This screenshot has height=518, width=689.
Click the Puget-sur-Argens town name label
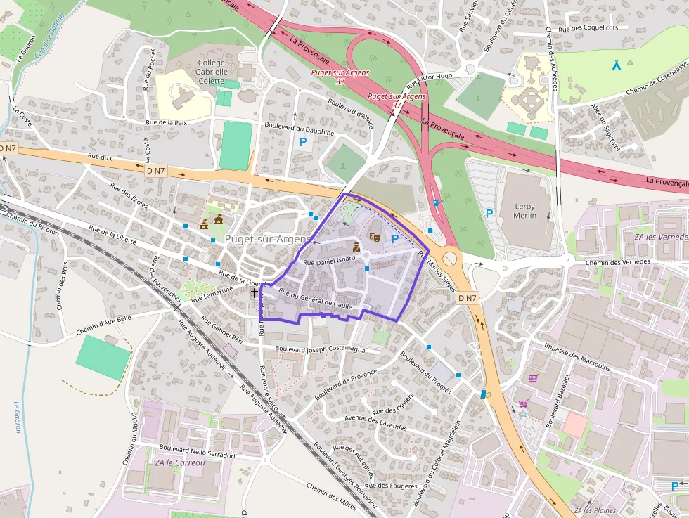pos(267,239)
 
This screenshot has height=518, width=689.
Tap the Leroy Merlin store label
pos(524,211)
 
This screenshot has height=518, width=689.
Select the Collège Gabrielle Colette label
pos(212,71)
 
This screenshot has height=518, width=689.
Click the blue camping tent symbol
pos(616,66)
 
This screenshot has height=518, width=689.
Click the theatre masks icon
pos(375,238)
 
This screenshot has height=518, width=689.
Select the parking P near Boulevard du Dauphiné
pos(304,142)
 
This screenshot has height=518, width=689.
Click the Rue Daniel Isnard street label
pos(329,261)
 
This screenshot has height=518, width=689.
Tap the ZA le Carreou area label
pos(180,462)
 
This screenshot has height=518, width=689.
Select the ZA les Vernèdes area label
pos(660,237)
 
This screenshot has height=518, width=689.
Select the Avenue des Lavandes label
pos(375,422)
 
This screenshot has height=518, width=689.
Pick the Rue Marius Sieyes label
pos(438,272)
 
